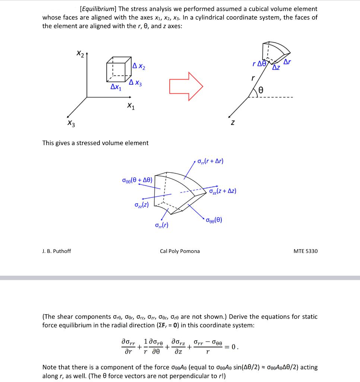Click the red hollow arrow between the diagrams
(186, 87)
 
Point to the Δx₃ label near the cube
(135, 83)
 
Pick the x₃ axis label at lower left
(71, 123)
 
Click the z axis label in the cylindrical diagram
(233, 122)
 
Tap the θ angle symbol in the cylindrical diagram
(261, 90)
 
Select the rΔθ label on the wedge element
(260, 63)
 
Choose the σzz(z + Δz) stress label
(222, 191)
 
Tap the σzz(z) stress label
(142, 205)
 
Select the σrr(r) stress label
(161, 225)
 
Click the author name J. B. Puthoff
(57, 251)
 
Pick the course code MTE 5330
(306, 251)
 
